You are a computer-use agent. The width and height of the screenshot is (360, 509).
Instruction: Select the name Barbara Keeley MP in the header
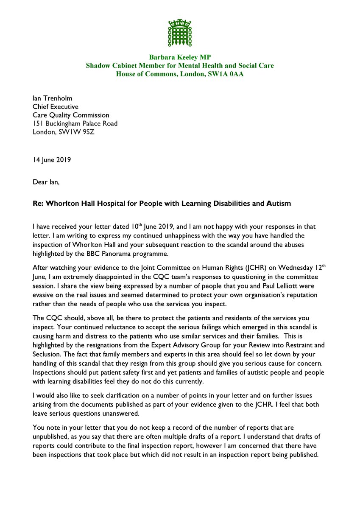180,57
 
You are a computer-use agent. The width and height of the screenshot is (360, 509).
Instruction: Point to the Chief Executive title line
56,107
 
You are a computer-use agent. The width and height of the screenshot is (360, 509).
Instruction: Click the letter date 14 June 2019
52,160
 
